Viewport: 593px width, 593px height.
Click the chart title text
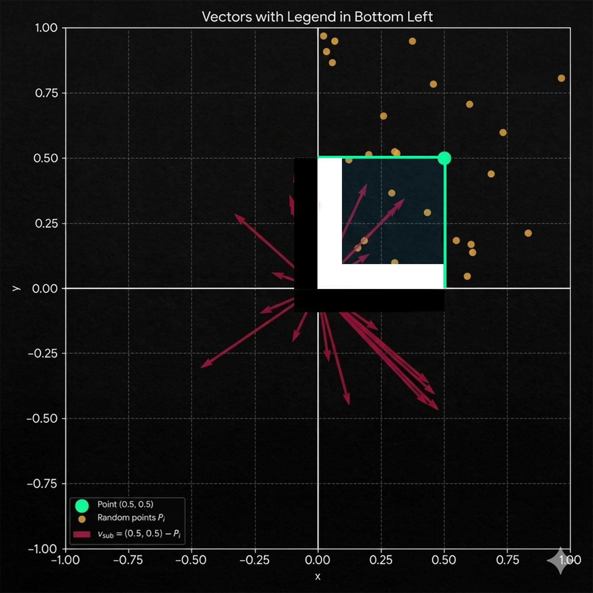(317, 17)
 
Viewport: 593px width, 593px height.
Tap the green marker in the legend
(82, 506)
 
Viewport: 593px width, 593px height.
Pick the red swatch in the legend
(82, 534)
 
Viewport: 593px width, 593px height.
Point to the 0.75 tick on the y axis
(47, 93)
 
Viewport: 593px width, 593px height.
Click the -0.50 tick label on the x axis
(191, 560)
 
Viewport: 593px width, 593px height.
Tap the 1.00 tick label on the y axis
(46, 28)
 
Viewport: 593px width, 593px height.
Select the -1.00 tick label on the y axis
(42, 549)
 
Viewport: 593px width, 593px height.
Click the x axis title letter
(317, 577)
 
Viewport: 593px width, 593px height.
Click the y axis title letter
(16, 288)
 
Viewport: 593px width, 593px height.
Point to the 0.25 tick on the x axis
(381, 560)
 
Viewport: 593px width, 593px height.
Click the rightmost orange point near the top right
(561, 78)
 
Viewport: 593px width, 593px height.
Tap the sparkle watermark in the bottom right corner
(560, 561)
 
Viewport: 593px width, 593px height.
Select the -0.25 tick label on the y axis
(43, 353)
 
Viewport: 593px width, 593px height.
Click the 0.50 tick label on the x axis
(444, 560)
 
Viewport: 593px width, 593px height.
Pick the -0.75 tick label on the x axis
(128, 560)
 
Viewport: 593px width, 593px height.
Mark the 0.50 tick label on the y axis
(46, 159)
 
